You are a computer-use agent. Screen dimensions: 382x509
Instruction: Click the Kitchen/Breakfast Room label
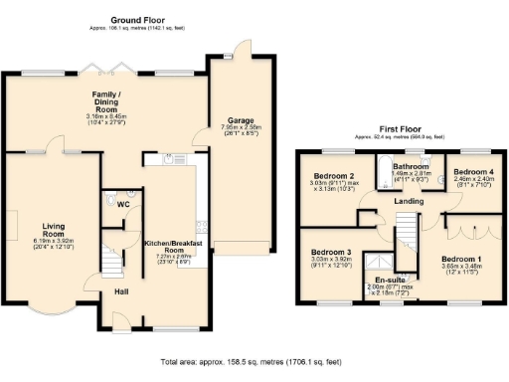174,244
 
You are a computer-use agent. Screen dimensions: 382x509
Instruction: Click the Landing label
409,202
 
